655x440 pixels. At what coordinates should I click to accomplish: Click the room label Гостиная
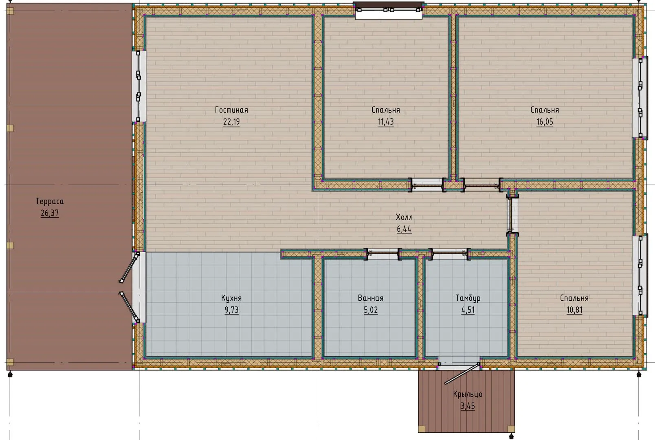(x=231, y=110)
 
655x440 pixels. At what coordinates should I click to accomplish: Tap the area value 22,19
(x=231, y=122)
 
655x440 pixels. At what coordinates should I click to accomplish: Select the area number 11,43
(x=386, y=122)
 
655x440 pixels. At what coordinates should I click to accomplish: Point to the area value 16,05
(x=545, y=122)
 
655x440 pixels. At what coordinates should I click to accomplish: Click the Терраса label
(x=50, y=201)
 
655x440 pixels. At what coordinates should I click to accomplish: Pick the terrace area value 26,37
(x=50, y=213)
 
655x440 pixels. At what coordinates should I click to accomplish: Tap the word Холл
(x=404, y=217)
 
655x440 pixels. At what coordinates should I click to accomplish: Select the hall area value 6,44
(x=404, y=229)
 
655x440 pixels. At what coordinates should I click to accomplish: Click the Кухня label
(x=231, y=298)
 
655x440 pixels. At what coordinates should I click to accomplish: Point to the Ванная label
(x=371, y=298)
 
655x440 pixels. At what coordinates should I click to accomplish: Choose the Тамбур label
(x=468, y=298)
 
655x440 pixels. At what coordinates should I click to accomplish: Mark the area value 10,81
(x=574, y=310)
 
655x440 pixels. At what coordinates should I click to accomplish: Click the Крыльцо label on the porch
(x=468, y=394)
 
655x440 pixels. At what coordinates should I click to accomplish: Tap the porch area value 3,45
(x=468, y=406)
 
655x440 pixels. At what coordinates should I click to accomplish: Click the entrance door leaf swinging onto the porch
(x=462, y=374)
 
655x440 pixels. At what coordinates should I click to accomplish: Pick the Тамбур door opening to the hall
(x=450, y=254)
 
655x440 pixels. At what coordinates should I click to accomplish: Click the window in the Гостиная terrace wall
(x=139, y=86)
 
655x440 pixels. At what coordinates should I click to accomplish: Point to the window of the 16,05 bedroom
(x=640, y=98)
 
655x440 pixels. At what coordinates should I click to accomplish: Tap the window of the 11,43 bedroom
(x=389, y=11)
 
